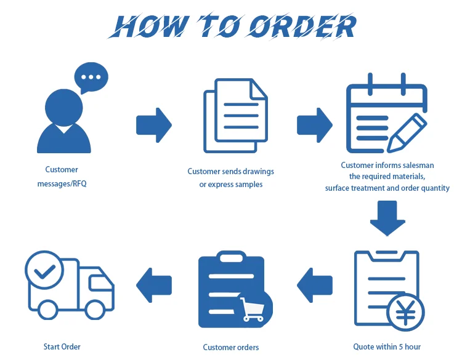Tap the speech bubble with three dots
(91, 78)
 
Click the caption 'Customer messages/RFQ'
(62, 177)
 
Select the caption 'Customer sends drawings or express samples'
(230, 178)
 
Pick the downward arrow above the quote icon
(387, 218)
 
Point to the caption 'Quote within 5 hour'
(387, 346)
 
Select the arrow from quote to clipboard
(315, 284)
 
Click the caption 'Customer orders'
(231, 347)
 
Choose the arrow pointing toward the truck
(153, 284)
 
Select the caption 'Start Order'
(62, 346)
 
